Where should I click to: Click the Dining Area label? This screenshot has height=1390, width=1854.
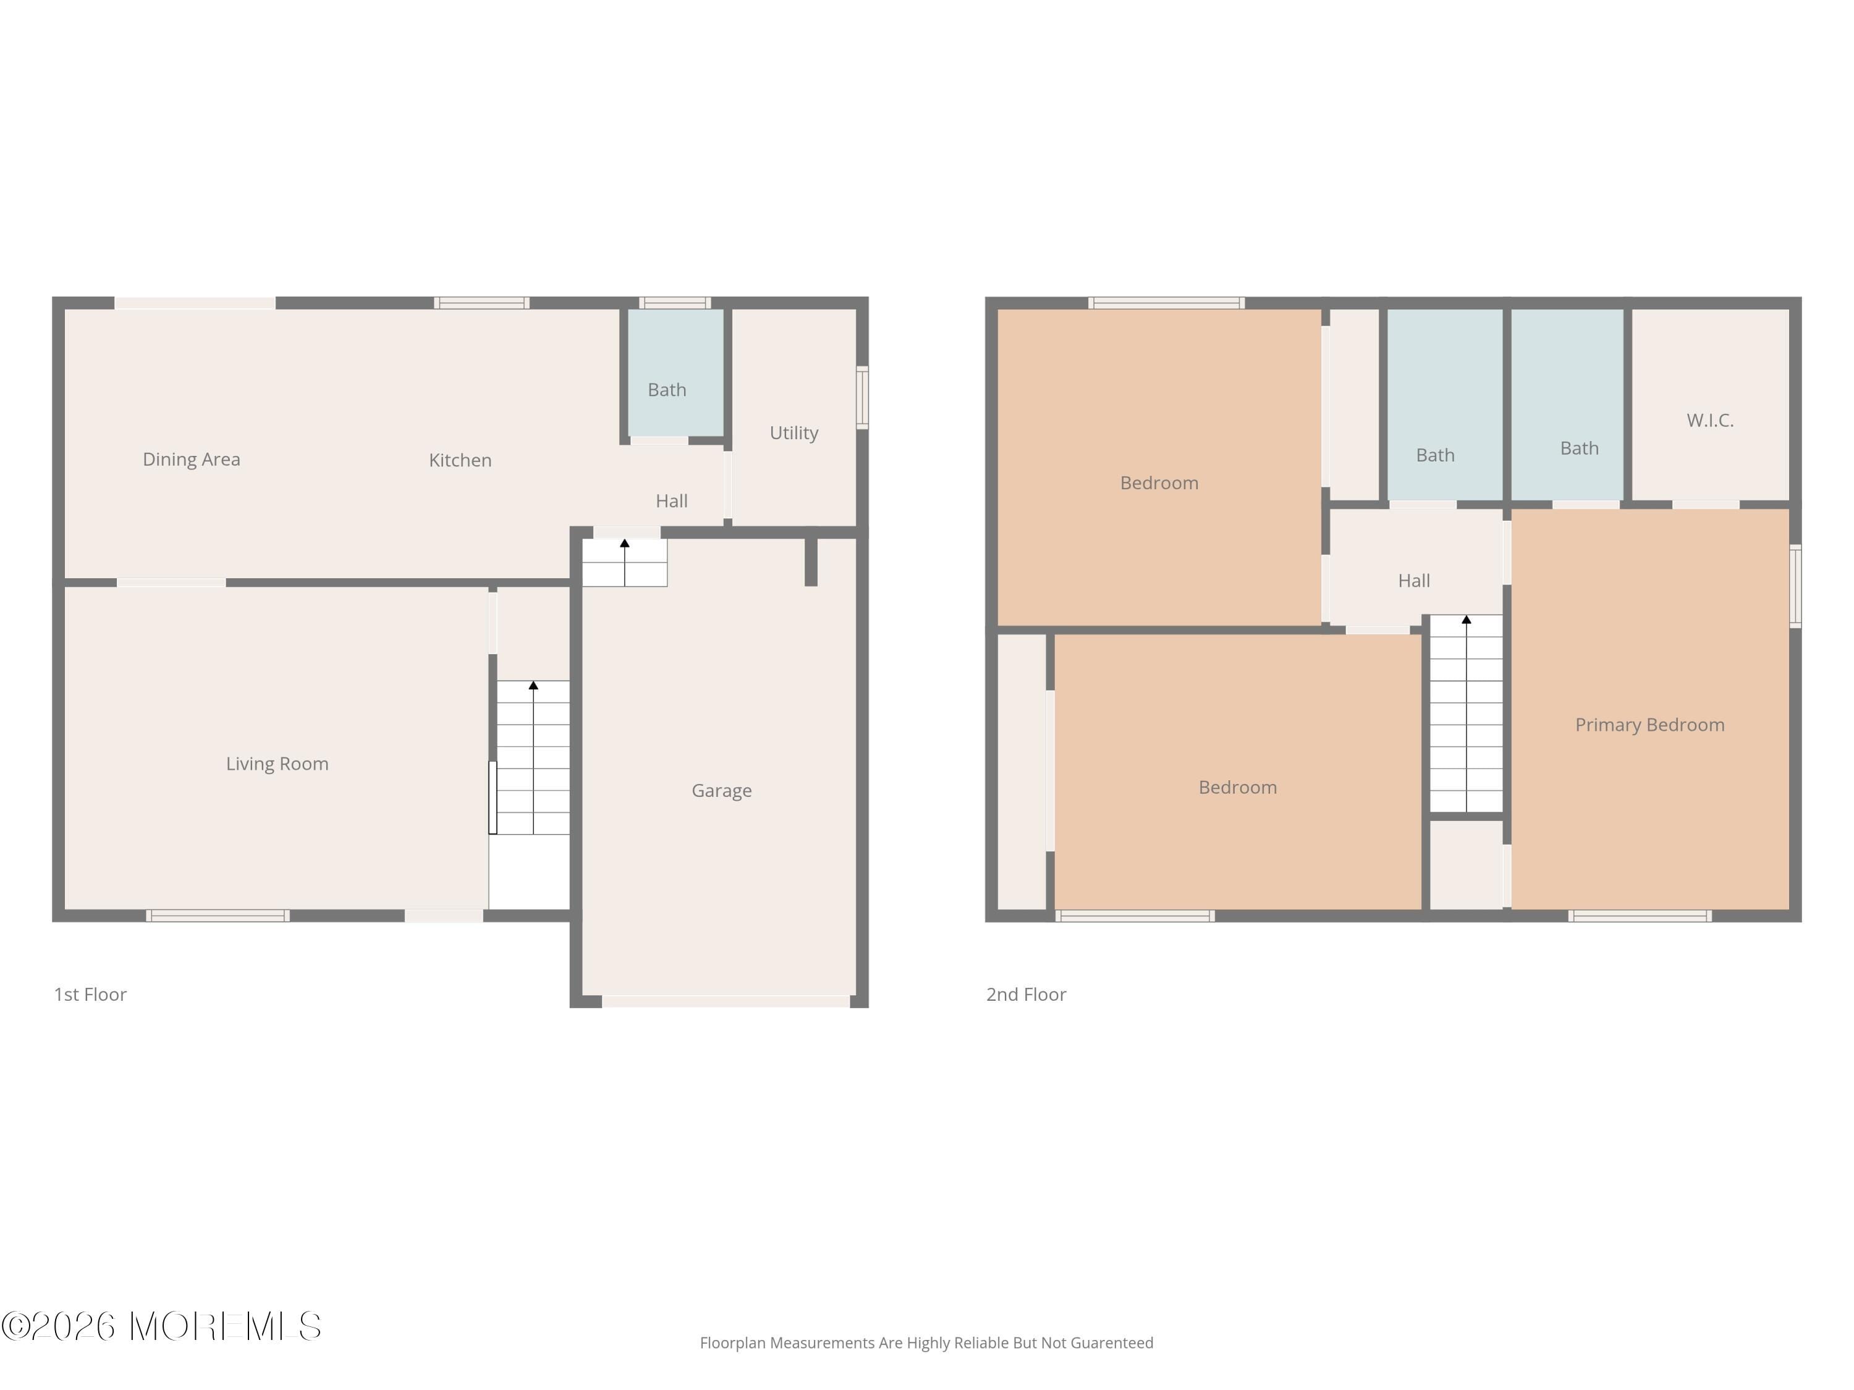click(x=191, y=459)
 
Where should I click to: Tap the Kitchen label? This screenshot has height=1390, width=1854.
click(x=460, y=460)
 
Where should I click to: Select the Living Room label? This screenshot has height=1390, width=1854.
click(x=277, y=764)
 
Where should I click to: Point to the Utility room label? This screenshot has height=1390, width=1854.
click(x=793, y=432)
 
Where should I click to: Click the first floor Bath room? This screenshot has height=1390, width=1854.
click(x=667, y=390)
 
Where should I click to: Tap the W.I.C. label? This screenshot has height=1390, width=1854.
click(x=1710, y=419)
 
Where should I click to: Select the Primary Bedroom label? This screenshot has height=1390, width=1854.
click(x=1649, y=725)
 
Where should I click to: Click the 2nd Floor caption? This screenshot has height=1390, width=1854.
click(x=1026, y=995)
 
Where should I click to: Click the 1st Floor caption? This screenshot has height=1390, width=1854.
click(x=90, y=995)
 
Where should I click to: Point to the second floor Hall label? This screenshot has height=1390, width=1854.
click(x=1414, y=581)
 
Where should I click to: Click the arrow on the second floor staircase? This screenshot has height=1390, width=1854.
click(x=1466, y=621)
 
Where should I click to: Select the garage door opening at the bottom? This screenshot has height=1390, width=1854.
click(x=726, y=1001)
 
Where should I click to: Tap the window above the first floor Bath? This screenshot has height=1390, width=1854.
click(x=675, y=303)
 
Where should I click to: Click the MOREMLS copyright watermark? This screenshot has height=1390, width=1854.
click(x=161, y=1326)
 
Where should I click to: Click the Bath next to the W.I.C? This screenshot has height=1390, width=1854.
click(x=1579, y=449)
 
